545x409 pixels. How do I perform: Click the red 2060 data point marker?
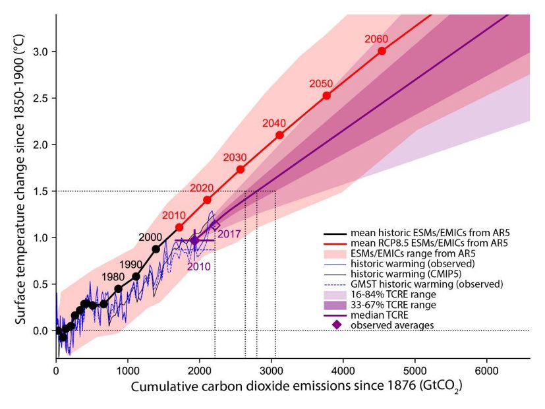click(382, 51)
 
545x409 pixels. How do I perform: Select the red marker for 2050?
click(326, 96)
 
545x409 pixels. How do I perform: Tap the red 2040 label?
click(273, 123)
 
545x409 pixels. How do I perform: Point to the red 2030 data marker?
click(241, 170)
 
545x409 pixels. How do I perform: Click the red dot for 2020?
click(207, 200)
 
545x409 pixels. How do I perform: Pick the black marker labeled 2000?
click(156, 249)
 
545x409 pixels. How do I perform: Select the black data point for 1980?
click(119, 288)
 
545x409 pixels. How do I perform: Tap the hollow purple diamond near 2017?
click(215, 226)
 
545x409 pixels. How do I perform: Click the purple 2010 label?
click(198, 267)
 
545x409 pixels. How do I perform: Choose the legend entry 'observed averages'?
click(392, 325)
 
